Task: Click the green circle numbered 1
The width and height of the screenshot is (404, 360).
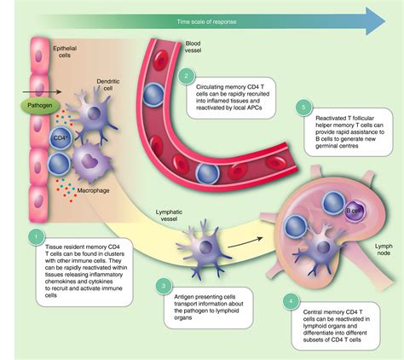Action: point(35,235)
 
